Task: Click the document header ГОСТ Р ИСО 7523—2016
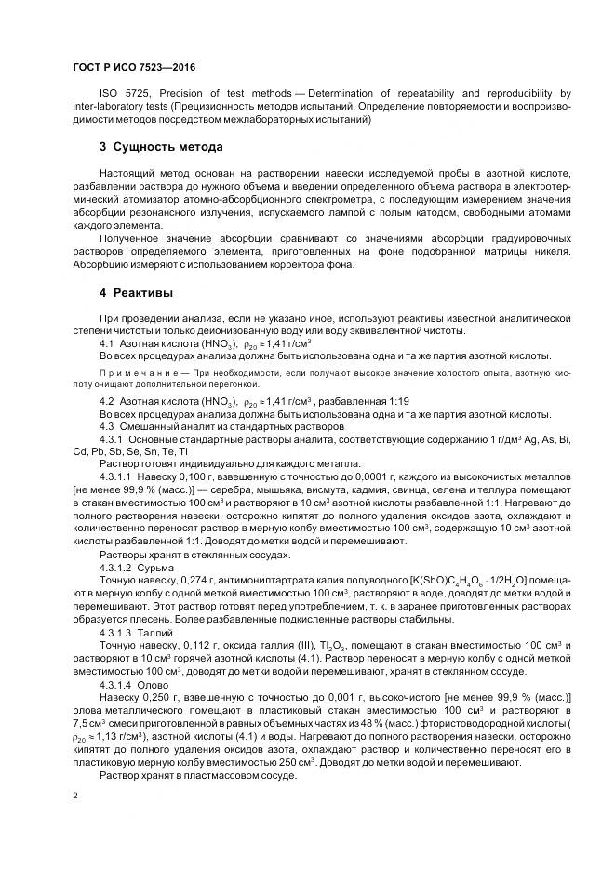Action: (x=133, y=68)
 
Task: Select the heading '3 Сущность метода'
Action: (x=161, y=147)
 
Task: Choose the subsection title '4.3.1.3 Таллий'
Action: (x=137, y=632)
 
